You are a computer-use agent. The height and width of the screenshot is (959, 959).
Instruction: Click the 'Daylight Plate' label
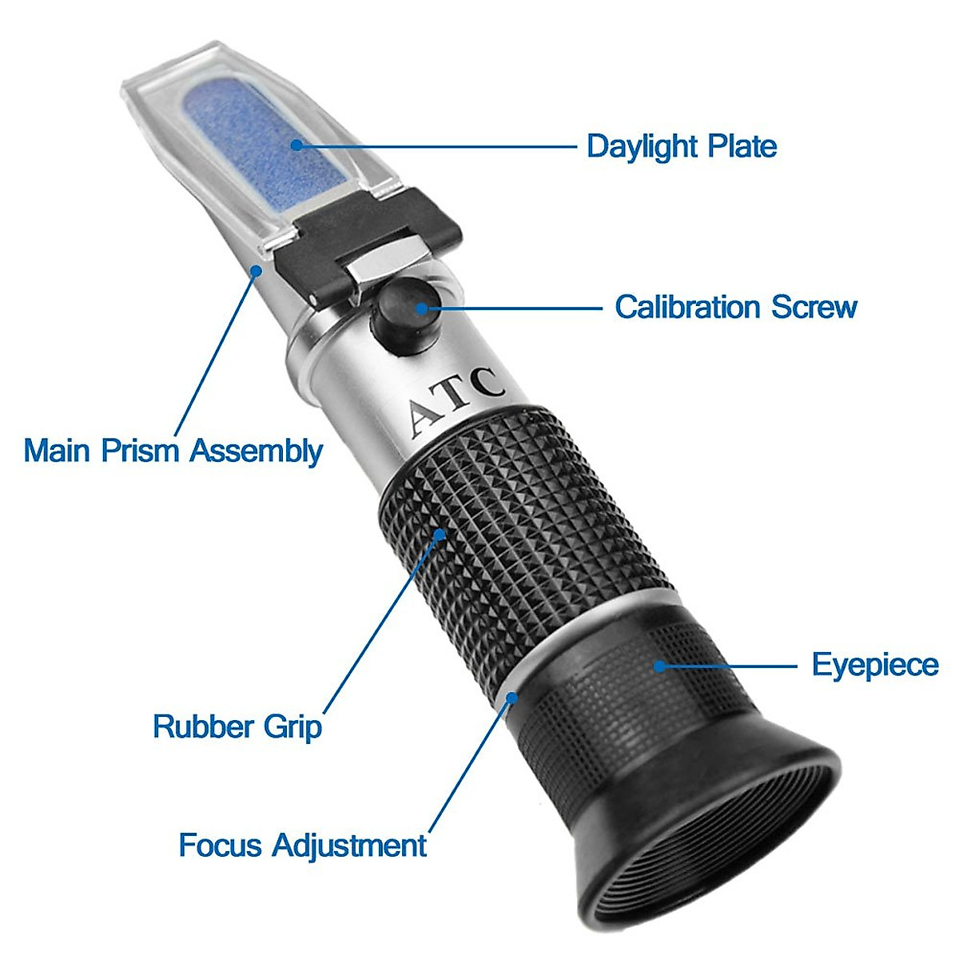click(681, 146)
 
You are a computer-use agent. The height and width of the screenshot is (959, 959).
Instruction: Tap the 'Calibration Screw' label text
click(735, 307)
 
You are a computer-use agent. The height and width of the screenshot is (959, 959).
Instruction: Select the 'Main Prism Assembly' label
click(173, 451)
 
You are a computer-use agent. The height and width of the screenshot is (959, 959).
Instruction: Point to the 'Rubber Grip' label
click(237, 726)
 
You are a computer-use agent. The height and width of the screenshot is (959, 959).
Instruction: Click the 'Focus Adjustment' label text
click(302, 846)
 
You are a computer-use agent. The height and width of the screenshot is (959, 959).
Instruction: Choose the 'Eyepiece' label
click(875, 665)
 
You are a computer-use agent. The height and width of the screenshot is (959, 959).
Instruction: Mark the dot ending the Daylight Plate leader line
click(296, 145)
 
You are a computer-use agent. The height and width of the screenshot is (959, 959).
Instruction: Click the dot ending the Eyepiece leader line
click(659, 665)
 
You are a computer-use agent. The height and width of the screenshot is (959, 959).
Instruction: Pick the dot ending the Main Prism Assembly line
click(256, 271)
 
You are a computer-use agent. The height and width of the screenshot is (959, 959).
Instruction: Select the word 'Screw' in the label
click(814, 307)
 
